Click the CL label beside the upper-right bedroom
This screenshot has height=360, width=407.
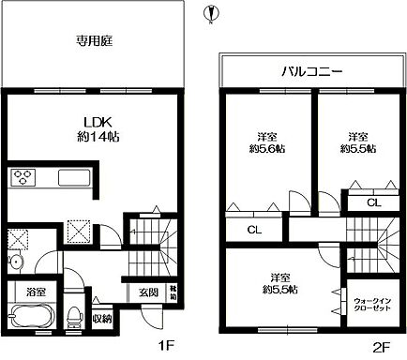tap(372, 202)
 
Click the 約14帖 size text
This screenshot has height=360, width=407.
tap(101, 136)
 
